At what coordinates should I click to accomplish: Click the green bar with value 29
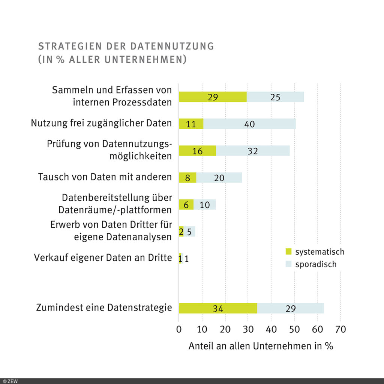click(x=213, y=97)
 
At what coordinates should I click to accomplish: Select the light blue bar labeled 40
click(x=249, y=124)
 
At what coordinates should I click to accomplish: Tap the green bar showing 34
click(x=218, y=308)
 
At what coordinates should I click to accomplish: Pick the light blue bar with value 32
click(x=252, y=150)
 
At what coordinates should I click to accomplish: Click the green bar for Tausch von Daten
click(x=187, y=177)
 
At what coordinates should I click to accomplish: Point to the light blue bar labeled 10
click(x=205, y=204)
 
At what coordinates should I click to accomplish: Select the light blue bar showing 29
click(x=290, y=308)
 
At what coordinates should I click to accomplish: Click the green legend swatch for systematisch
click(x=288, y=251)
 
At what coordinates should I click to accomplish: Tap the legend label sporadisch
click(x=316, y=264)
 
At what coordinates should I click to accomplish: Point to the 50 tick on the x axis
click(x=294, y=329)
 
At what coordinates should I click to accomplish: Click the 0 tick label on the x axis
click(x=179, y=329)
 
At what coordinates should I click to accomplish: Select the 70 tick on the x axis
click(x=340, y=329)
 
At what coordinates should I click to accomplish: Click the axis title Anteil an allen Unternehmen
click(x=261, y=346)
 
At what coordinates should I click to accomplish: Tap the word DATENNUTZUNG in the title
click(x=172, y=46)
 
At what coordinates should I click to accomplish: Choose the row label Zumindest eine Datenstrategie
click(x=104, y=308)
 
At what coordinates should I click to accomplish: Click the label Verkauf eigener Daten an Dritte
click(x=103, y=258)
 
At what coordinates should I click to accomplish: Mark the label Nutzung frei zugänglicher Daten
click(x=101, y=123)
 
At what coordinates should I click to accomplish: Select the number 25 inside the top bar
click(x=276, y=97)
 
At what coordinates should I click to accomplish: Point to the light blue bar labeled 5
click(x=189, y=231)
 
